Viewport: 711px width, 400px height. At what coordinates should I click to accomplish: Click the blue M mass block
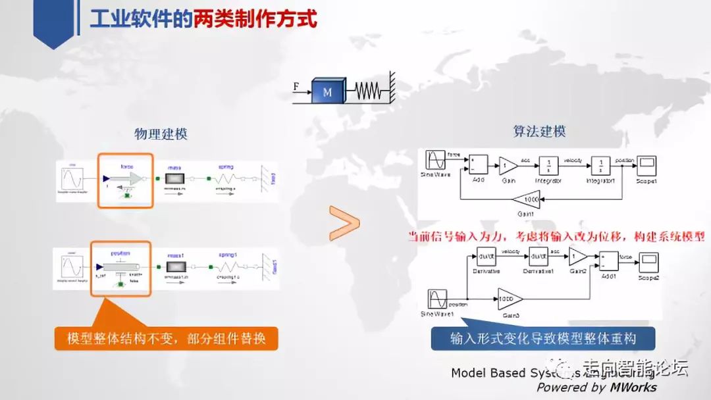[327, 91]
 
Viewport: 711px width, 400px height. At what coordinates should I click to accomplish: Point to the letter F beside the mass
[297, 86]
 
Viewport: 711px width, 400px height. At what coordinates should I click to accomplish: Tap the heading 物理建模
[161, 134]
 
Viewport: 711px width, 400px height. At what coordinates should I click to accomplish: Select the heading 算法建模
[539, 132]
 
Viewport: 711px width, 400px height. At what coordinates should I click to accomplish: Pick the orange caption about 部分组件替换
[167, 338]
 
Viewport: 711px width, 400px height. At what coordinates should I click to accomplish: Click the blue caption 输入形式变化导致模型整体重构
[543, 339]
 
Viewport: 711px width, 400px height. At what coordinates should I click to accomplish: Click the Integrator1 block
[600, 164]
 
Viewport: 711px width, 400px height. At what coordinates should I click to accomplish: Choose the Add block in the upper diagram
[478, 164]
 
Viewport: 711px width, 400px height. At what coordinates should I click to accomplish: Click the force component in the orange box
[127, 179]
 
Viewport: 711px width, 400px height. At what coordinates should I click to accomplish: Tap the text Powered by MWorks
[596, 387]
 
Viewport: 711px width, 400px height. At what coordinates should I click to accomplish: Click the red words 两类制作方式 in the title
[255, 19]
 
